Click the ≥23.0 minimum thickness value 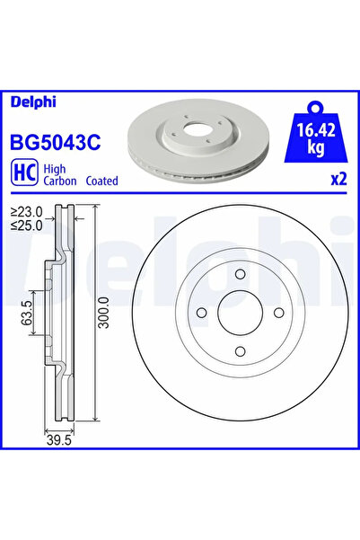pyautogui.click(x=31, y=212)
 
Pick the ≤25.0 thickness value pyautogui.click(x=31, y=225)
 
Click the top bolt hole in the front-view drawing pyautogui.click(x=240, y=275)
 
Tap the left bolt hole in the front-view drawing pyautogui.click(x=202, y=313)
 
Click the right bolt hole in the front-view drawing pyautogui.click(x=277, y=313)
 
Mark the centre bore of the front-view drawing pyautogui.click(x=240, y=313)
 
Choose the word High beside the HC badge pyautogui.click(x=56, y=167)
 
